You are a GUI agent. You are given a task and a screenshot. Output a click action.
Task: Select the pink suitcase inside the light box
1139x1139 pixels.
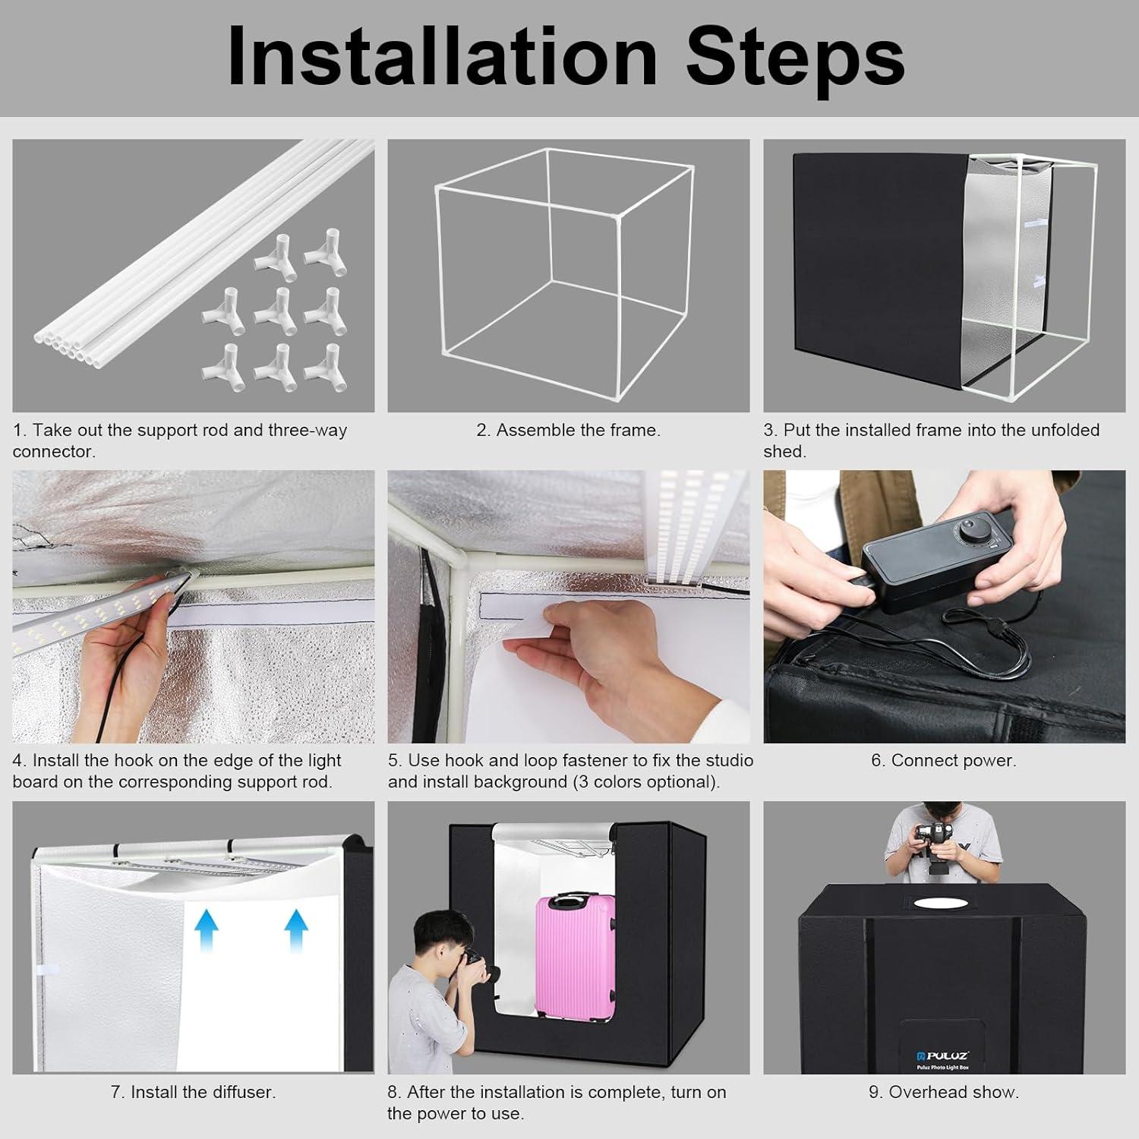[576, 955]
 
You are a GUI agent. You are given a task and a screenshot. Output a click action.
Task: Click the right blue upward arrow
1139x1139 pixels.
[296, 932]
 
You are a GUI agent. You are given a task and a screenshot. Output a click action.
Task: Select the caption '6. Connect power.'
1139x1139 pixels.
[943, 760]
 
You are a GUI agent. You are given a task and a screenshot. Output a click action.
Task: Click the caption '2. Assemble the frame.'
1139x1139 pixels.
[568, 430]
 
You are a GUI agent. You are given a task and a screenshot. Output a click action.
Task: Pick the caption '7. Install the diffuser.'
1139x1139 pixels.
[193, 1092]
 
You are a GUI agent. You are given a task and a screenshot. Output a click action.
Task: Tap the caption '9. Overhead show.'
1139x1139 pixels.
[943, 1092]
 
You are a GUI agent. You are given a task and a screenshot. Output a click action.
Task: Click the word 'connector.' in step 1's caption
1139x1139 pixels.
[53, 452]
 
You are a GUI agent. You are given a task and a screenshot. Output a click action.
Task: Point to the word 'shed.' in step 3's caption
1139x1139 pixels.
[784, 452]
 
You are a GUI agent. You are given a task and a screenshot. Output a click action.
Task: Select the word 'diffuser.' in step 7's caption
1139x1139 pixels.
[242, 1092]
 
